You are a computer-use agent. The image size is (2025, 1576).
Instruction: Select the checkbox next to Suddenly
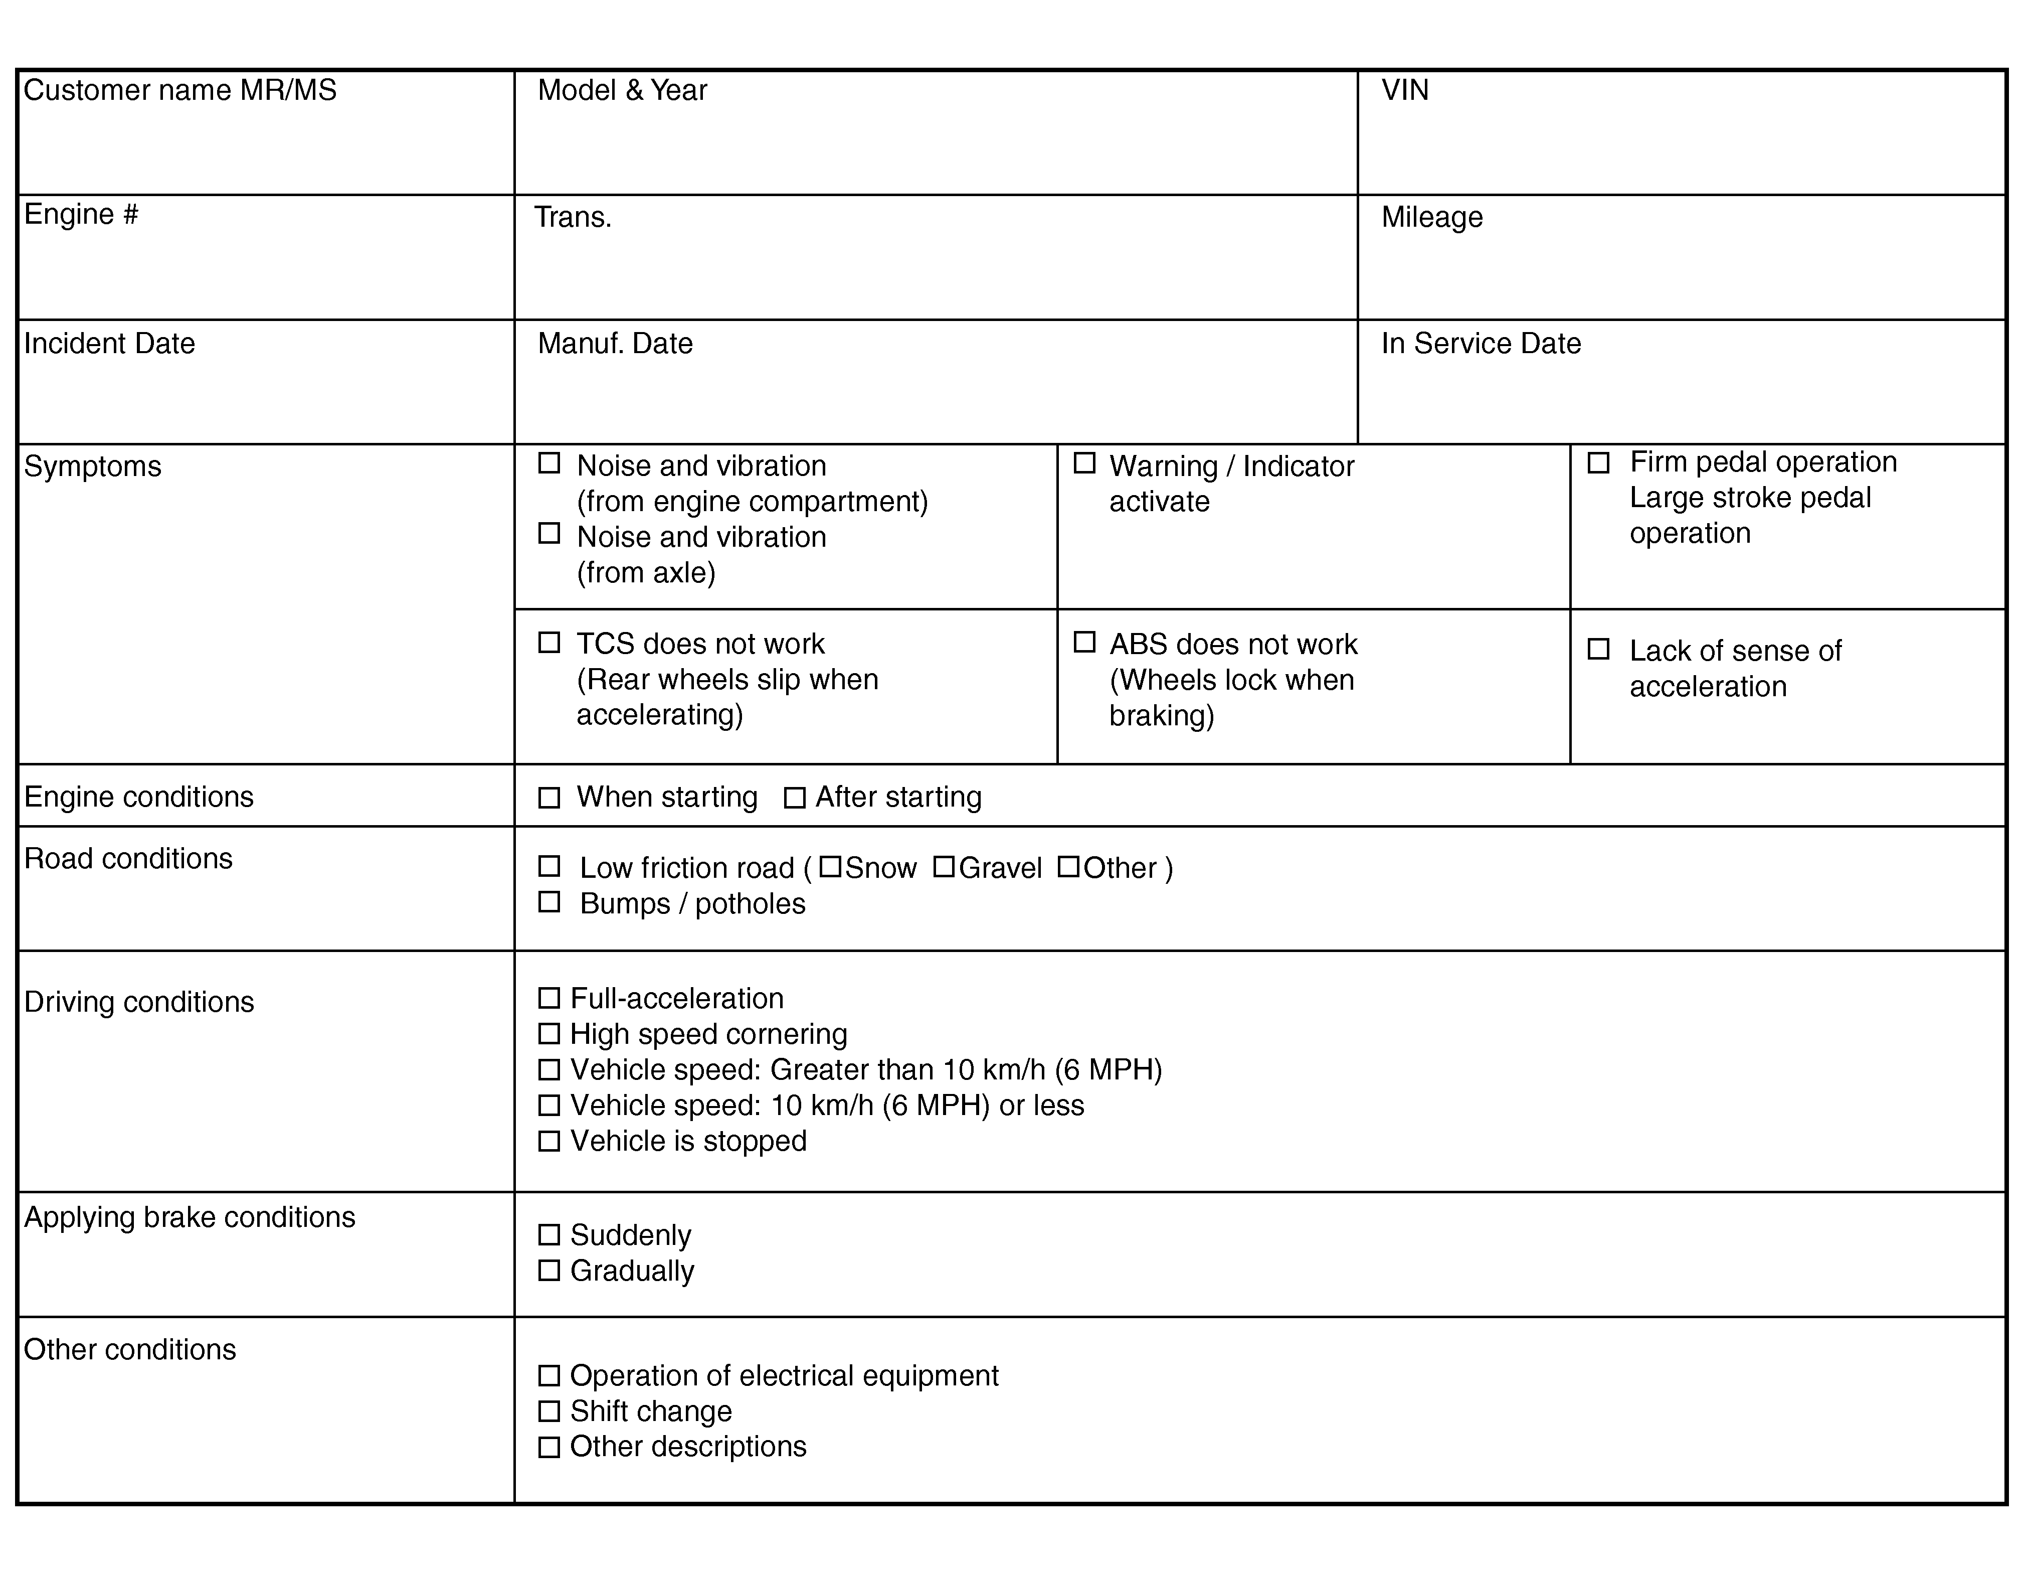click(549, 1234)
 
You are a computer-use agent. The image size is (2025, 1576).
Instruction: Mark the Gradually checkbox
click(549, 1270)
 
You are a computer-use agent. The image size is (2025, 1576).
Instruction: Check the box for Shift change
click(549, 1411)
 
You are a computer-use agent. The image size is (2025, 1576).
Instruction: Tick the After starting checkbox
click(795, 798)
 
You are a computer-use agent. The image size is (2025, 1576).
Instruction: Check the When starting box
click(549, 798)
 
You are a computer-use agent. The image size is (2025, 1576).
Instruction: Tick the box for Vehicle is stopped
click(549, 1140)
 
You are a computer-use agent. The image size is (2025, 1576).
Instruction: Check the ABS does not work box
click(1084, 642)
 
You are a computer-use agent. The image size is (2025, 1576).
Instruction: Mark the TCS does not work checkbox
click(549, 642)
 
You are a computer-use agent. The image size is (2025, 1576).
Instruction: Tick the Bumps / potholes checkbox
click(549, 902)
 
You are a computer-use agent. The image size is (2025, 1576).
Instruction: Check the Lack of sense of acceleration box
click(1598, 649)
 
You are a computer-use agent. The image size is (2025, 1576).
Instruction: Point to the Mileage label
click(1431, 217)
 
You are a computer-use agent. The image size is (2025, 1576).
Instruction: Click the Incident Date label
click(109, 343)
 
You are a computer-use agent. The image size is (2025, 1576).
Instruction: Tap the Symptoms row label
click(93, 465)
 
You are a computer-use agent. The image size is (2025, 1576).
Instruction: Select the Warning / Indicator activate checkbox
click(1084, 463)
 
